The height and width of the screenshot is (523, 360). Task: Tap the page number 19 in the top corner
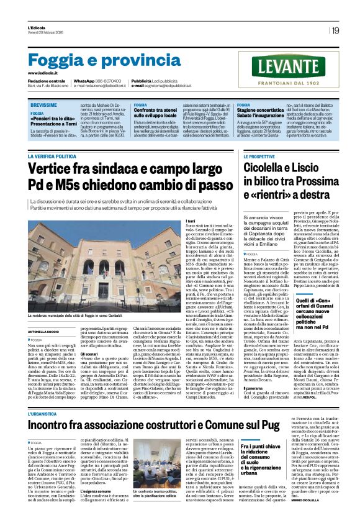pos(335,30)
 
